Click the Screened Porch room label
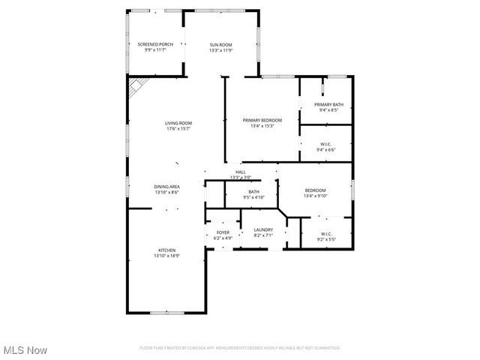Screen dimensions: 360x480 click(155, 45)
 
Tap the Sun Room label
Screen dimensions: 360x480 click(220, 45)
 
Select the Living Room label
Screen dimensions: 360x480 click(178, 123)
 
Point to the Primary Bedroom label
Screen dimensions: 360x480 click(262, 120)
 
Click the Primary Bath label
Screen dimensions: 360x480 click(328, 104)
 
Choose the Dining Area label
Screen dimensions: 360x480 click(166, 187)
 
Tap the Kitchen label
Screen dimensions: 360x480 click(166, 250)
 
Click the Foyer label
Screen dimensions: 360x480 click(223, 232)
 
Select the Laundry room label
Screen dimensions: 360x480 click(262, 230)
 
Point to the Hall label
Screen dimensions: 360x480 click(240, 172)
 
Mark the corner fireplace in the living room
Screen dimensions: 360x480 click(134, 89)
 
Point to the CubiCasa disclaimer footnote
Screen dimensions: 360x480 click(240, 348)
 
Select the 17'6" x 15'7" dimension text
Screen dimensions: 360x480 click(178, 129)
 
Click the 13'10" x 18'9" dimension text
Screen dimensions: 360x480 click(166, 256)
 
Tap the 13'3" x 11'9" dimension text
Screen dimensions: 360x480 click(220, 50)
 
